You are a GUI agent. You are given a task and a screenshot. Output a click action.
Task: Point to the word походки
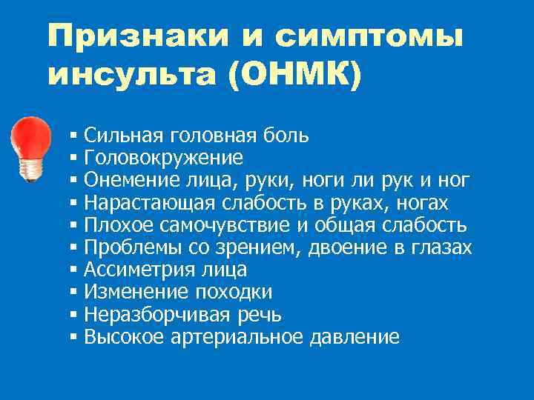(234, 292)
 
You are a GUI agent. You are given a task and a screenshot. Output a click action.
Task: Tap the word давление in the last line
(356, 337)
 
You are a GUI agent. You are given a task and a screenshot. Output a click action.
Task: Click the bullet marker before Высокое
(73, 338)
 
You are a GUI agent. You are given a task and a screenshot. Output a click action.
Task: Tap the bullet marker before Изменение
(73, 293)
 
